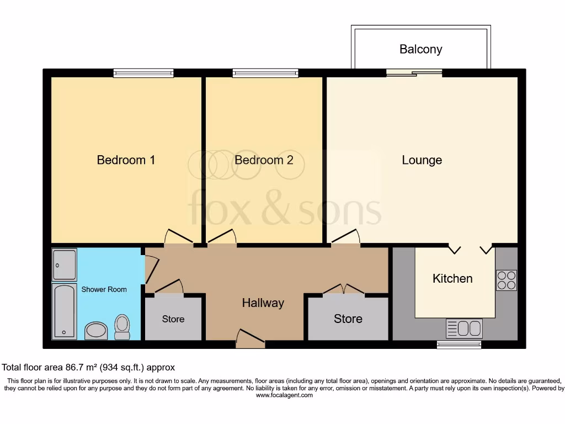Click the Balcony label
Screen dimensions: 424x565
(420, 49)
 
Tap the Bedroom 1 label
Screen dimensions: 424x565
(126, 160)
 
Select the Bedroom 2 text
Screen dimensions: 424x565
(264, 160)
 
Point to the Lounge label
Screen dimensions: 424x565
(422, 160)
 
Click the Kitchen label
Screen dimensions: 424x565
(452, 278)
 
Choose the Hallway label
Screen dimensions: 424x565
(263, 303)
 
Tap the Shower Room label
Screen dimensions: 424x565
(104, 289)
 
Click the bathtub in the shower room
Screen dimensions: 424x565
(64, 311)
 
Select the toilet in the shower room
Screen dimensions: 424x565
(122, 327)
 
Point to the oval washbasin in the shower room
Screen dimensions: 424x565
(96, 331)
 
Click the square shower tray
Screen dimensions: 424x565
(64, 264)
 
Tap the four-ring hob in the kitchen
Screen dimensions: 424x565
(506, 280)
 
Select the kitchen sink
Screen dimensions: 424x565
(464, 328)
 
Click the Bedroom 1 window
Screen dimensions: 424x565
(143, 73)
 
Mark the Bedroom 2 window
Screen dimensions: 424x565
(265, 73)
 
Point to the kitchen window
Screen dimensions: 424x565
(459, 344)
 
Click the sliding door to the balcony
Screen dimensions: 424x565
(414, 73)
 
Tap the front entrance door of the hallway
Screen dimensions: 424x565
(250, 338)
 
